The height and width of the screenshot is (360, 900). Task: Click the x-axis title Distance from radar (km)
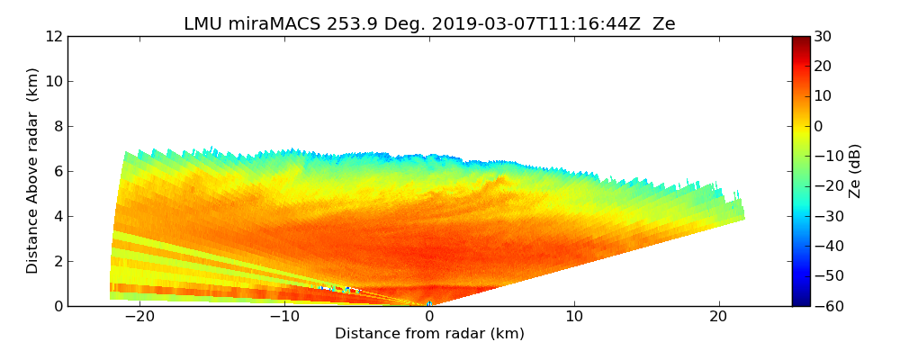(429, 334)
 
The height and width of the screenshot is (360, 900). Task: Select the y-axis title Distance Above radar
(33, 171)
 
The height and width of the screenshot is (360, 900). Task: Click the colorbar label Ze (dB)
(855, 171)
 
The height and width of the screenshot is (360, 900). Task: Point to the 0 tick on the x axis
(429, 318)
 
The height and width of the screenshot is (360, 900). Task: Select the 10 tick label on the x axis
(574, 318)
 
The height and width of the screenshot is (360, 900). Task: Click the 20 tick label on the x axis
(719, 318)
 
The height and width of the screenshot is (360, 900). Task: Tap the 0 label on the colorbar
(819, 126)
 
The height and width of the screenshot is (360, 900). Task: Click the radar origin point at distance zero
(429, 304)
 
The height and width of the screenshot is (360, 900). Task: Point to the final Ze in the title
(663, 24)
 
